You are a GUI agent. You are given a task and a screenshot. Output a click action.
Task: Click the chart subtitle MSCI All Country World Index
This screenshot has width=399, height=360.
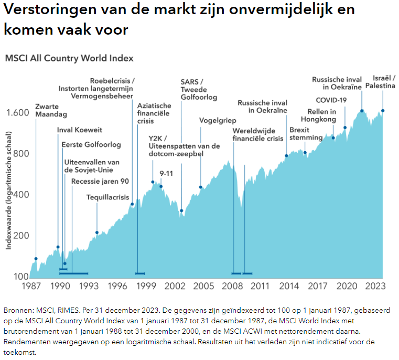(x=69, y=58)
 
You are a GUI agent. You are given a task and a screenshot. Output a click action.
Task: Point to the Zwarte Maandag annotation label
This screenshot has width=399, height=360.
(x=50, y=110)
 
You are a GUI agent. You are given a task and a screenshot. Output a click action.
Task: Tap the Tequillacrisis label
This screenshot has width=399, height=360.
(x=107, y=197)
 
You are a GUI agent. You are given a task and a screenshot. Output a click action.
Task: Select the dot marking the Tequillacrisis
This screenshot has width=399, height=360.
(x=97, y=232)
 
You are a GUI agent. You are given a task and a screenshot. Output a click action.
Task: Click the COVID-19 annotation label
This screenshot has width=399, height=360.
(x=331, y=100)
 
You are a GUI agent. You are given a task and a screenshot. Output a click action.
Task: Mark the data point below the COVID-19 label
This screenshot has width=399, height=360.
(x=345, y=128)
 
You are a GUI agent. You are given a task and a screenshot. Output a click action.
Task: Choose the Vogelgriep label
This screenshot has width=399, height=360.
(x=218, y=120)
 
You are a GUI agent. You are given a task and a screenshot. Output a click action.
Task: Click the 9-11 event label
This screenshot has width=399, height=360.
(x=166, y=173)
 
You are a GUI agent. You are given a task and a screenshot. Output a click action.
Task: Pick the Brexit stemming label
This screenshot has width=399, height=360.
(x=306, y=134)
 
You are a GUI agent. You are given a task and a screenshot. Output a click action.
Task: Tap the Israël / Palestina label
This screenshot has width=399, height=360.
(x=381, y=81)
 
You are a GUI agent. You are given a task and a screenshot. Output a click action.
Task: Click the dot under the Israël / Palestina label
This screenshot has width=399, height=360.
(x=383, y=111)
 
